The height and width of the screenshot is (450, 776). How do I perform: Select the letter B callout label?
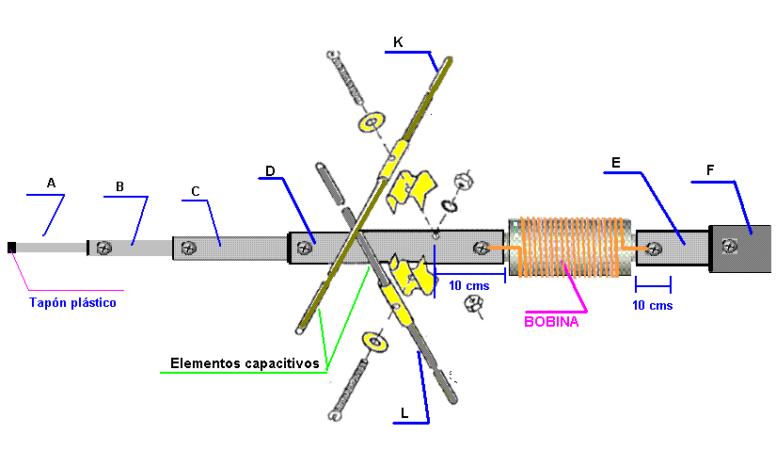pos(119,186)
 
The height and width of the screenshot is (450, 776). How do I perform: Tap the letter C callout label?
pos(195,192)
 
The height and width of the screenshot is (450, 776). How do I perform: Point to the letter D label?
pos(270,171)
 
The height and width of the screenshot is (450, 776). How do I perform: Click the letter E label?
pos(615,163)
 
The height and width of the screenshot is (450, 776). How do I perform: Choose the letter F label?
pos(710,170)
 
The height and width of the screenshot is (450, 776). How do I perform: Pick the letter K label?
pos(399,41)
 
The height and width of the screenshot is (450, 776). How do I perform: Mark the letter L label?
pos(404,412)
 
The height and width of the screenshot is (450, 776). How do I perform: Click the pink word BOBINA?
pos(551,321)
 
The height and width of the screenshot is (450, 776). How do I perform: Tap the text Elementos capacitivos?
pos(245,362)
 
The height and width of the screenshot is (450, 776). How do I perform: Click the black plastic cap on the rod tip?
pos(11,248)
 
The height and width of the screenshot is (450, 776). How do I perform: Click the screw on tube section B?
pos(104,248)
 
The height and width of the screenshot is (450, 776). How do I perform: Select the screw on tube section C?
pos(190,248)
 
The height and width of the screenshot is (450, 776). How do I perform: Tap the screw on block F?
pos(729,247)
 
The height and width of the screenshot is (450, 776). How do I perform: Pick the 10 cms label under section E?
pos(653,305)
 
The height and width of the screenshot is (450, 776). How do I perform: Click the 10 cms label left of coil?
pos(467,285)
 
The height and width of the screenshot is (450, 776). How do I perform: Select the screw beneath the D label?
pos(304,248)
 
